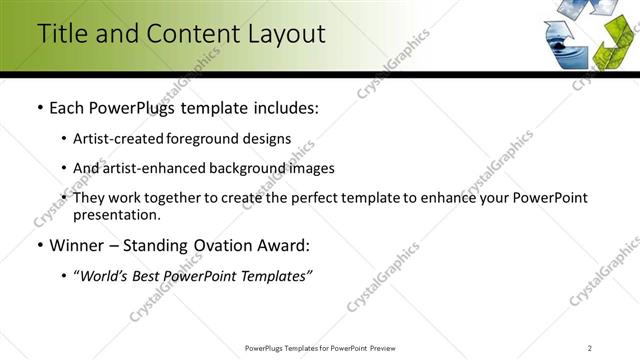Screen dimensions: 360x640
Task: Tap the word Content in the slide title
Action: tap(188, 34)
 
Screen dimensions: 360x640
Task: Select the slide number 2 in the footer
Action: tap(590, 348)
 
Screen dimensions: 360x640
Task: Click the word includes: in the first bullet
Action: tap(284, 107)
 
